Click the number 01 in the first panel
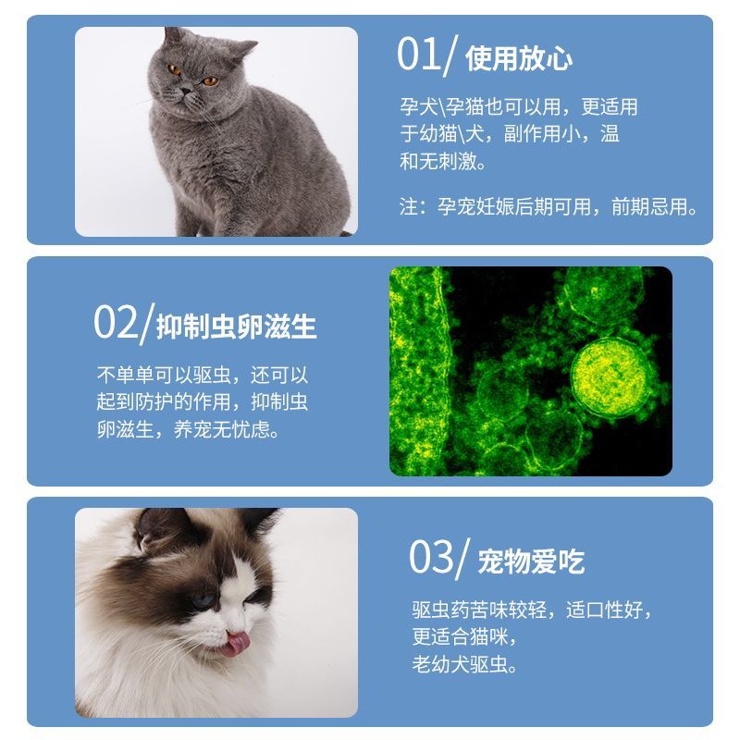point(418,55)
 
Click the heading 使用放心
point(519,58)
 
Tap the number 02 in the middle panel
point(116,322)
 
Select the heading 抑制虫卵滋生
point(236,327)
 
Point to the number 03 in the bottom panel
point(430,557)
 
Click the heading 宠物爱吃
point(531,561)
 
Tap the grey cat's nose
point(186,90)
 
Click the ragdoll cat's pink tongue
point(236,644)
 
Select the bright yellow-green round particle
point(609,376)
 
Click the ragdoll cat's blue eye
point(203,601)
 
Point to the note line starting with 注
point(548,206)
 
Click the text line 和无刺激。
point(443,161)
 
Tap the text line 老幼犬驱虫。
point(464,664)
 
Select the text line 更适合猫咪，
point(464,636)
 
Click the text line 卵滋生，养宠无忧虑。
point(189,429)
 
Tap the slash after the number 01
point(450,55)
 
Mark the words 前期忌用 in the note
point(649,206)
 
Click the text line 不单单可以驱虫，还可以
point(203,376)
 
